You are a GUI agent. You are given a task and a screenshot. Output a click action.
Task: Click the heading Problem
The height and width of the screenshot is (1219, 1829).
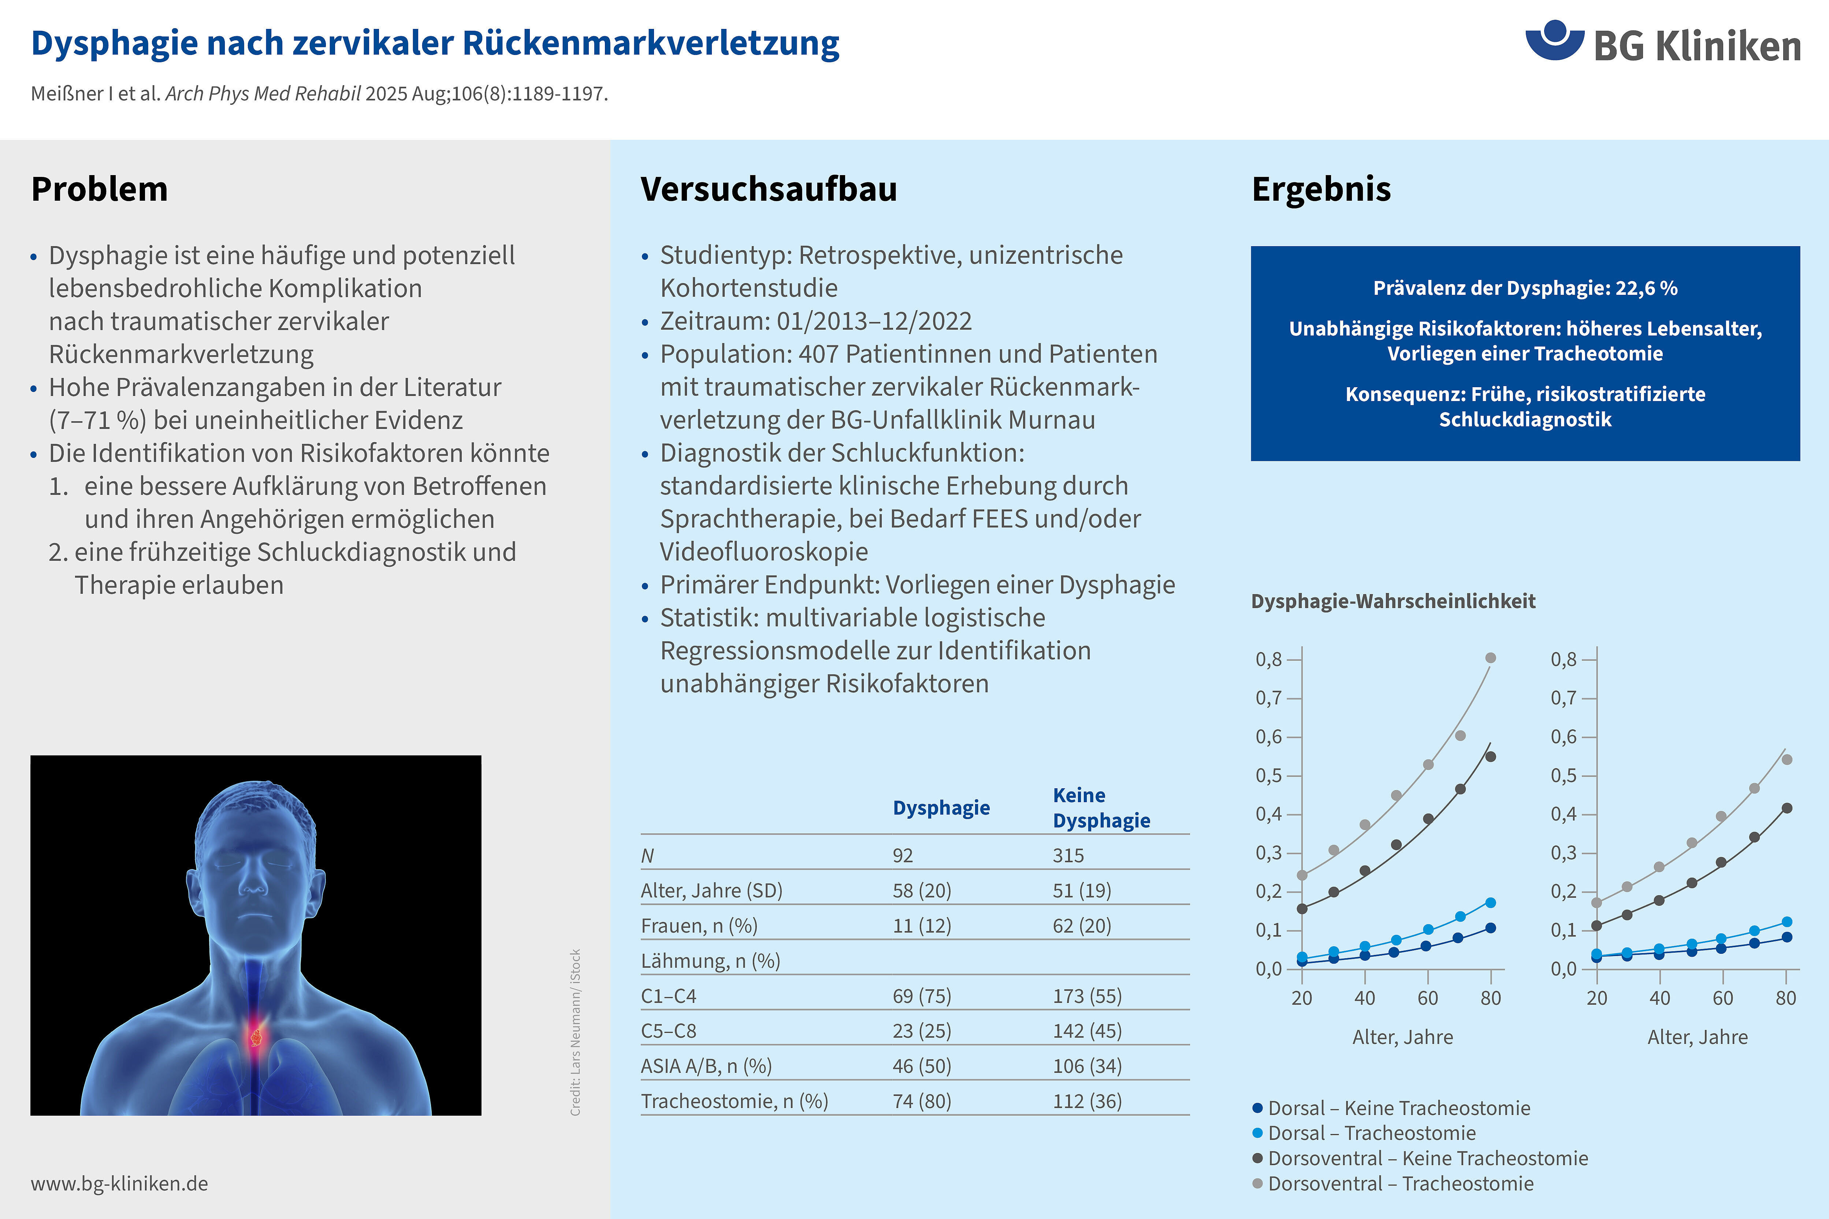[100, 189]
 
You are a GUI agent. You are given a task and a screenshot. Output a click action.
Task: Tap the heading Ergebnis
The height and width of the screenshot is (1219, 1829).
[1321, 189]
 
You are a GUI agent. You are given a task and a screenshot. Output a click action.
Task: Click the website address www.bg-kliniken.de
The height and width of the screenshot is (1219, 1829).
[120, 1183]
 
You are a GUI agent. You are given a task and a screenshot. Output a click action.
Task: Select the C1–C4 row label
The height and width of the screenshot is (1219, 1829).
[668, 996]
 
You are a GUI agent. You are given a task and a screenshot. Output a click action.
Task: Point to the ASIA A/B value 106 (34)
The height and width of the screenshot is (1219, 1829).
[1087, 1066]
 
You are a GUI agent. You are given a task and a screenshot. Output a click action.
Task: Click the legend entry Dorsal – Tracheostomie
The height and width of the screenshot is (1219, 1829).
[1371, 1133]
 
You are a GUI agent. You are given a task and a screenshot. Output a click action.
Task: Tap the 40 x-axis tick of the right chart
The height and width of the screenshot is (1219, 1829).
[1659, 997]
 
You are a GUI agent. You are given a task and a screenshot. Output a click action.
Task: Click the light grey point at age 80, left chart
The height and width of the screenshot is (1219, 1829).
[1490, 658]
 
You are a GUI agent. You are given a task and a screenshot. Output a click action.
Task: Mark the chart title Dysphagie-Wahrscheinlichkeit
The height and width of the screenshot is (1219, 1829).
[1393, 601]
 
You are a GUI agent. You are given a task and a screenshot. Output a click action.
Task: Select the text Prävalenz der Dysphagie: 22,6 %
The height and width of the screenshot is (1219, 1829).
[1525, 288]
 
